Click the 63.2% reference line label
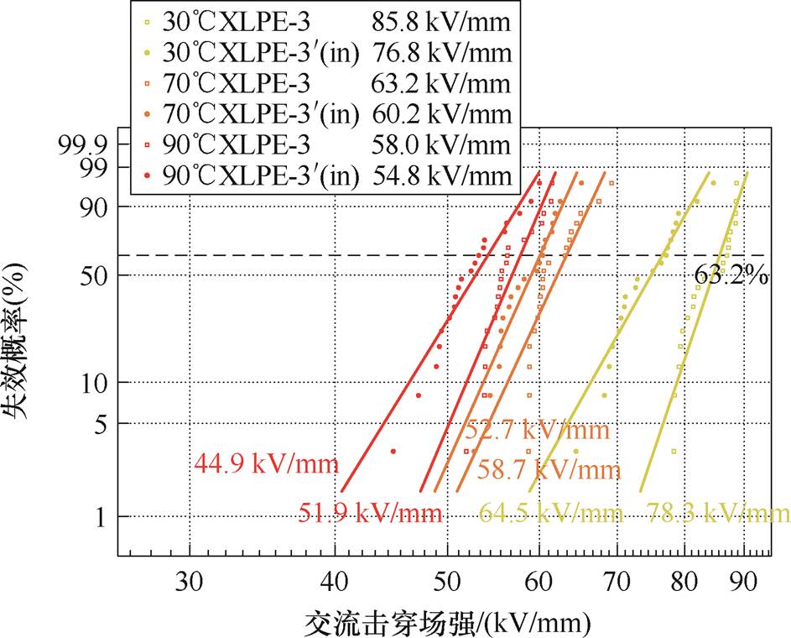click(x=730, y=275)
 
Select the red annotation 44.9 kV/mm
click(x=266, y=463)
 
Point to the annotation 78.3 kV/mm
click(x=718, y=512)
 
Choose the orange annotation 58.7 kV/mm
click(x=549, y=470)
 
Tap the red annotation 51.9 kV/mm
click(x=370, y=512)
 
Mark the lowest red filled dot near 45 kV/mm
click(x=393, y=452)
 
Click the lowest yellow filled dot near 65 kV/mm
click(x=575, y=452)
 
